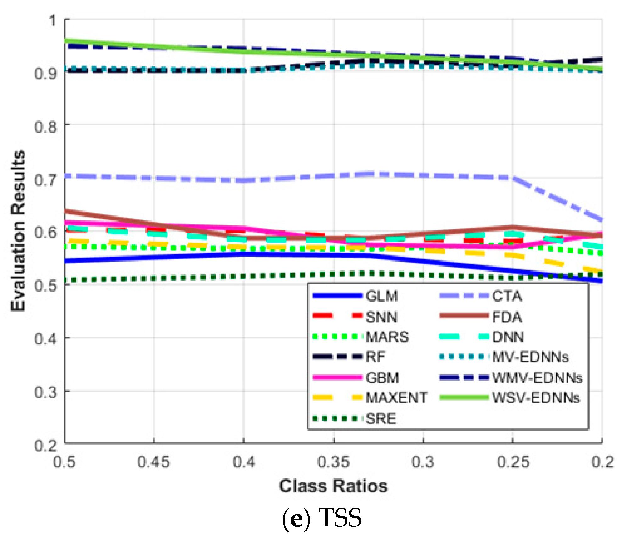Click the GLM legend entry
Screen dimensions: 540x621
pos(381,296)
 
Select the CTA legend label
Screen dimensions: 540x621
pos(507,296)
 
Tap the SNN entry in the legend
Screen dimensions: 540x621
pos(381,317)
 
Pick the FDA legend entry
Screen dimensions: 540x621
pos(507,317)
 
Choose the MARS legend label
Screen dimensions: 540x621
pos(387,337)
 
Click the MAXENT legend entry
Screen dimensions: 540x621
pos(396,398)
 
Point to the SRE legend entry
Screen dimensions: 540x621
pos(381,419)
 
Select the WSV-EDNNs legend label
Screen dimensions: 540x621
pos(536,398)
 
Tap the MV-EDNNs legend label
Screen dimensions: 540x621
pos(530,357)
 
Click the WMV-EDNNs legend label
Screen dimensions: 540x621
pos(537,378)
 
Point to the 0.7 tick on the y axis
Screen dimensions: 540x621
pos(46,180)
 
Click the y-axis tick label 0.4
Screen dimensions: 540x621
pos(46,339)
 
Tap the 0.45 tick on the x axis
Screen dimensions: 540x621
pos(154,462)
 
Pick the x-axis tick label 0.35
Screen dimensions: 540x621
pos(333,462)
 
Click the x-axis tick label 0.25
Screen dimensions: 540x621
pos(513,462)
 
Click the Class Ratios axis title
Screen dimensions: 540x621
pos(333,486)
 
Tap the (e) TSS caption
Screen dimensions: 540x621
pos(322,518)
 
